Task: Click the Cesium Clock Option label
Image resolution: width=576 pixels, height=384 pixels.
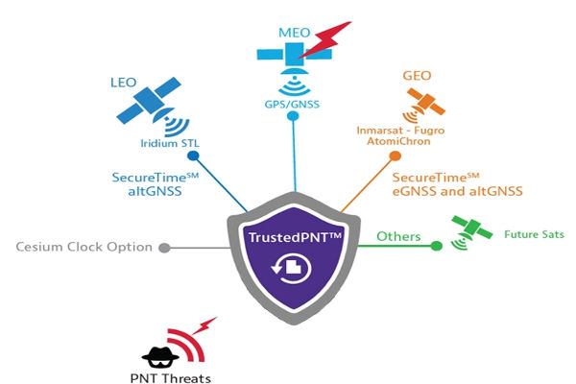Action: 84,247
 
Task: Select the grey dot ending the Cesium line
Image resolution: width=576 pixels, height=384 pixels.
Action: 164,248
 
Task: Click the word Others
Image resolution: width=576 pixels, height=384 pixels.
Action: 398,235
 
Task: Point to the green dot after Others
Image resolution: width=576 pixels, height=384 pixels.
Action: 436,245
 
